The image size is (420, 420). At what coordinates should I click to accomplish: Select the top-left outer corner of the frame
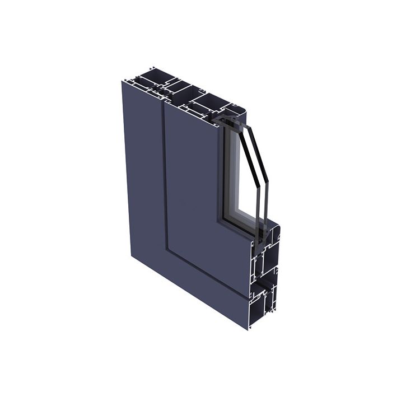[123, 82]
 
